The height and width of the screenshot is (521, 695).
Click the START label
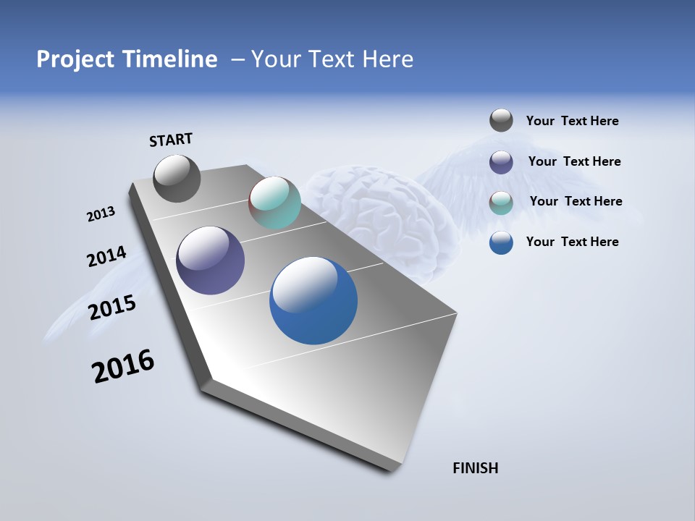[x=171, y=140]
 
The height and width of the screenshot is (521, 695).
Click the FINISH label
[x=475, y=468]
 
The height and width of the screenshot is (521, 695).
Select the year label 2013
[x=101, y=214]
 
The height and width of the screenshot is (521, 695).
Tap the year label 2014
[x=106, y=257]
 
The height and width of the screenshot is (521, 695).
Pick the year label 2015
[x=112, y=308]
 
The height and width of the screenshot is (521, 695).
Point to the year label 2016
[x=123, y=365]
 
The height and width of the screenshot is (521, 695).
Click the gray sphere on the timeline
[x=177, y=178]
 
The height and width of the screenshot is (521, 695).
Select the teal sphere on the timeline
[x=274, y=203]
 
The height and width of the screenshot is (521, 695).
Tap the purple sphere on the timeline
[x=210, y=260]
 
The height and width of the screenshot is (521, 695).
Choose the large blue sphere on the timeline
[x=313, y=300]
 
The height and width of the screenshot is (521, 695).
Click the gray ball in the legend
[x=501, y=121]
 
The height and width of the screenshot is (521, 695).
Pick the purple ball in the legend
[x=501, y=161]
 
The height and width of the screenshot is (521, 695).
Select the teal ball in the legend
[x=501, y=202]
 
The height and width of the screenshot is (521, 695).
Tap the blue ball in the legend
[x=501, y=242]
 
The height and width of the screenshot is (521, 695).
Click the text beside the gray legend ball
[x=572, y=121]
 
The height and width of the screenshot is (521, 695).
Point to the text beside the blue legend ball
[x=572, y=242]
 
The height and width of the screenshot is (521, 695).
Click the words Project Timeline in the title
[x=127, y=59]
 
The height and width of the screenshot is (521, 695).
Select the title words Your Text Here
[x=332, y=59]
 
